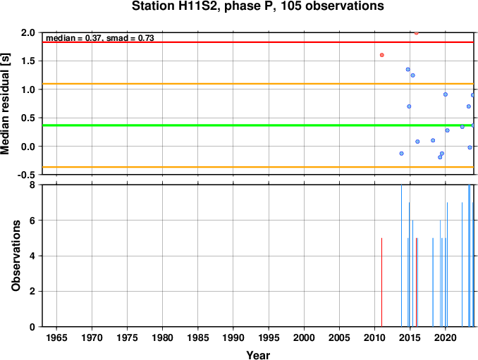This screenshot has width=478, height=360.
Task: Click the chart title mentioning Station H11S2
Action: click(x=257, y=6)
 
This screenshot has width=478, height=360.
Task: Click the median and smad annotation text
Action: click(x=99, y=38)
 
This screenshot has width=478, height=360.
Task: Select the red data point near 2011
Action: click(x=381, y=55)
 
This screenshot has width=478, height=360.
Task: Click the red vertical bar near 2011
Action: click(x=381, y=283)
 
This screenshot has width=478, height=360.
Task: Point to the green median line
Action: click(x=257, y=125)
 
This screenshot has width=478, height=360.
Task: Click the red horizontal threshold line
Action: click(x=257, y=42)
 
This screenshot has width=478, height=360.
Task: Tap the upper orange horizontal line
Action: click(x=257, y=84)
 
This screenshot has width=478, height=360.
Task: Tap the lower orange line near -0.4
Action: click(x=257, y=167)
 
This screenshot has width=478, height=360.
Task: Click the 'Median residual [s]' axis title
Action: click(x=6, y=104)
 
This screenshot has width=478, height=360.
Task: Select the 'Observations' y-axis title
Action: click(x=16, y=256)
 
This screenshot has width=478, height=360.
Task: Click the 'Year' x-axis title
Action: click(x=258, y=355)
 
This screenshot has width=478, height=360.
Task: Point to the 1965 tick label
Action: click(x=56, y=337)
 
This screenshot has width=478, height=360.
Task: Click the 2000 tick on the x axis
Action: click(x=304, y=337)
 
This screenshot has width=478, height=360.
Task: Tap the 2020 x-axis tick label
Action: click(x=446, y=337)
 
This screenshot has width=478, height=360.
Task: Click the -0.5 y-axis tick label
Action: click(x=26, y=175)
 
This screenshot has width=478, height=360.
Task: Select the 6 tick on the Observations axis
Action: click(x=32, y=221)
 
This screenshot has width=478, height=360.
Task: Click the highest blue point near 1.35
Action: click(x=408, y=70)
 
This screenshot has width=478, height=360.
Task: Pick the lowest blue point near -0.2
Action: click(x=440, y=157)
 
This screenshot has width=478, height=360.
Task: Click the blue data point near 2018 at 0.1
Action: click(x=433, y=140)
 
